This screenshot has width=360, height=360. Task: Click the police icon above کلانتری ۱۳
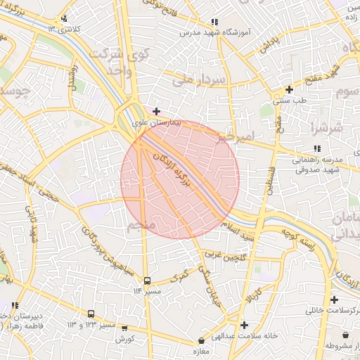[x=65, y=19]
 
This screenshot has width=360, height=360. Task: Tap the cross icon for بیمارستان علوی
[x=156, y=110]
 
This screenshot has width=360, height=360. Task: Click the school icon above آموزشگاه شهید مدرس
[x=214, y=22]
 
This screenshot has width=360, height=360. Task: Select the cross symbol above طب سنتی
[x=289, y=89]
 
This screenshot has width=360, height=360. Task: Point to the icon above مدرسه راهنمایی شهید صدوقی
[x=318, y=148]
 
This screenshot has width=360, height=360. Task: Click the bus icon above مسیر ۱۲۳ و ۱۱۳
[x=91, y=314]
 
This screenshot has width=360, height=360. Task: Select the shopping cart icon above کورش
[x=125, y=328]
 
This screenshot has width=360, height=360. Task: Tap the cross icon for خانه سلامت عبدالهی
[x=244, y=325]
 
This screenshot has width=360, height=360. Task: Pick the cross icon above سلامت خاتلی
[x=335, y=300]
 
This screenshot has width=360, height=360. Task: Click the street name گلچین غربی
[x=223, y=255]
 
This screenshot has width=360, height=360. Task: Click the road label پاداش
[x=270, y=44]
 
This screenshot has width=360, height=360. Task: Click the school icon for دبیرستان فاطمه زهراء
[x=15, y=305]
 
